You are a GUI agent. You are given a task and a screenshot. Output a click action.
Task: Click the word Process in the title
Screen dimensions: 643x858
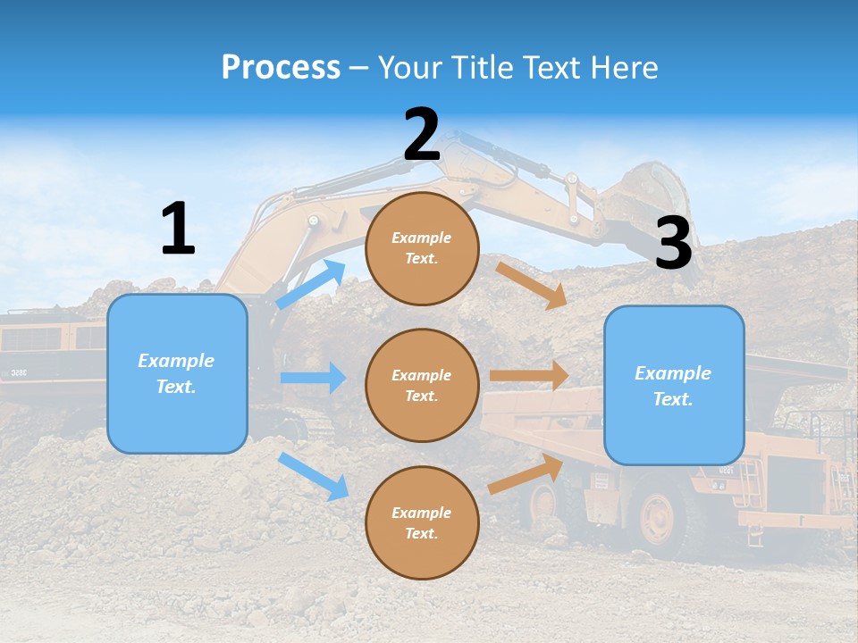[281, 68]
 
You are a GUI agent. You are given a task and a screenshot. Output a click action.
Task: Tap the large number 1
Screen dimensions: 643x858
[178, 230]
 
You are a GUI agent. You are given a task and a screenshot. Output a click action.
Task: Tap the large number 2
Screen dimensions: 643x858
[422, 135]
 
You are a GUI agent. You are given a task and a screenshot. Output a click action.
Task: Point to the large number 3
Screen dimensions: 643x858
[673, 244]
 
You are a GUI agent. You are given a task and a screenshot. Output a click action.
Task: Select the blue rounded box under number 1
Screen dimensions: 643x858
[177, 373]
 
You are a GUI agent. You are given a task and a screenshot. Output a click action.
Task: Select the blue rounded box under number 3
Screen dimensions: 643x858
[674, 385]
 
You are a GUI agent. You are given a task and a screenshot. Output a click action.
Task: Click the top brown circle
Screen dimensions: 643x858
[422, 248]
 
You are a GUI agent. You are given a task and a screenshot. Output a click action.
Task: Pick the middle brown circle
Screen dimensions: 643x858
[422, 385]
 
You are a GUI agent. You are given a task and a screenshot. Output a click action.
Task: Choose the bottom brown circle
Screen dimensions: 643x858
[422, 522]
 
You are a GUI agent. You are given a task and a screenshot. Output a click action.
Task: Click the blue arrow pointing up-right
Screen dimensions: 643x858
[312, 284]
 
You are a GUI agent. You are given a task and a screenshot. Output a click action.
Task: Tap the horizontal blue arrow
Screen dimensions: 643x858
[313, 378]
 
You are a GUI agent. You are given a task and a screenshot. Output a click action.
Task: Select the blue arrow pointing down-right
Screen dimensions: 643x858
[314, 476]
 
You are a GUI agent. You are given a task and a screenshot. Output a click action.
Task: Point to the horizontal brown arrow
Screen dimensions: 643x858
[529, 375]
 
